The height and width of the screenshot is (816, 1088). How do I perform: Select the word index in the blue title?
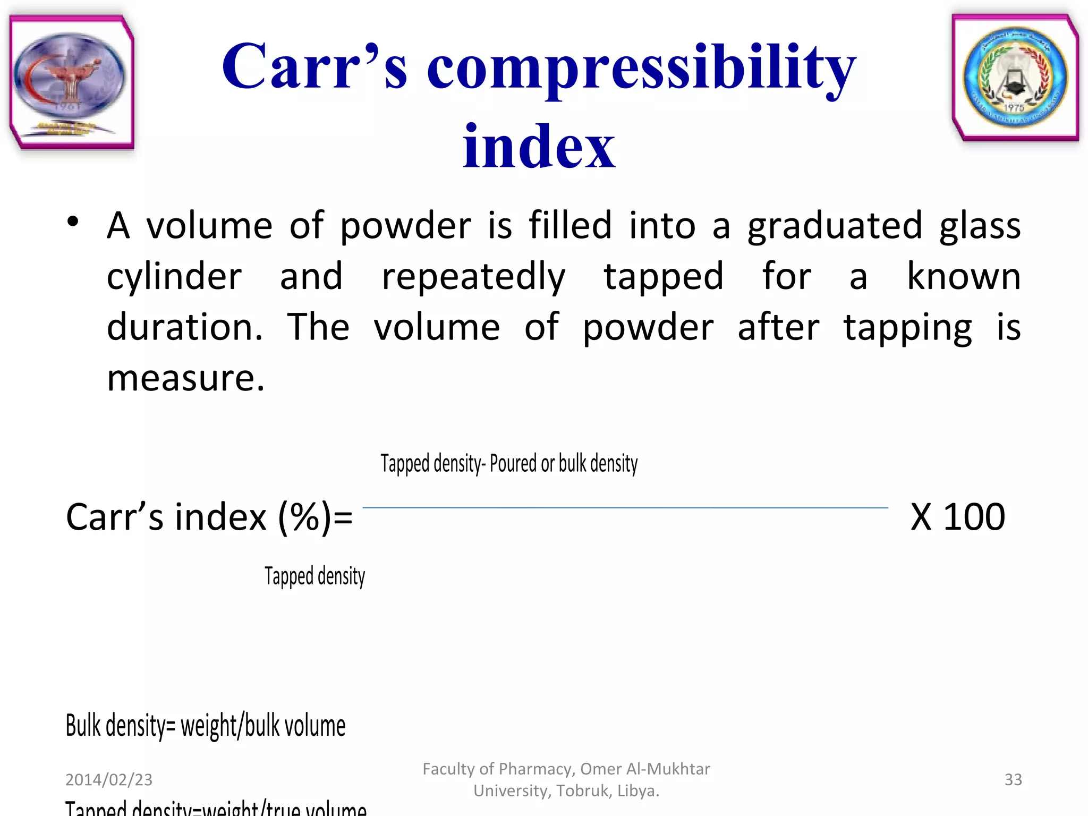538,146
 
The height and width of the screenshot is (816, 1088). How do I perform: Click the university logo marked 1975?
1015,78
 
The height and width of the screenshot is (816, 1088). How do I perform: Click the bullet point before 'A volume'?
73,222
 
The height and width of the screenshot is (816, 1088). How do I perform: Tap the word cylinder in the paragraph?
174,277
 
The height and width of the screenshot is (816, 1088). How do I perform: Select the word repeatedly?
473,277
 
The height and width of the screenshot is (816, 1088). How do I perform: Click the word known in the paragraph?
963,276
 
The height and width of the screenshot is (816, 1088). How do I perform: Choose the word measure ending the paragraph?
185,378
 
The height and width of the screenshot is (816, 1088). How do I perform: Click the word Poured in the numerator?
513,463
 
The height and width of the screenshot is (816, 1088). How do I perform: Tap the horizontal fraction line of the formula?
625,508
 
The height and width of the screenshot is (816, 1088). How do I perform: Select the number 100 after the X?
974,516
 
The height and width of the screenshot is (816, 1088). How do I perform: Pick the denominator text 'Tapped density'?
314,576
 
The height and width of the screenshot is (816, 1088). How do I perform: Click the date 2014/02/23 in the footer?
109,779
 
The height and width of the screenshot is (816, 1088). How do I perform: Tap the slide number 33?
1013,779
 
